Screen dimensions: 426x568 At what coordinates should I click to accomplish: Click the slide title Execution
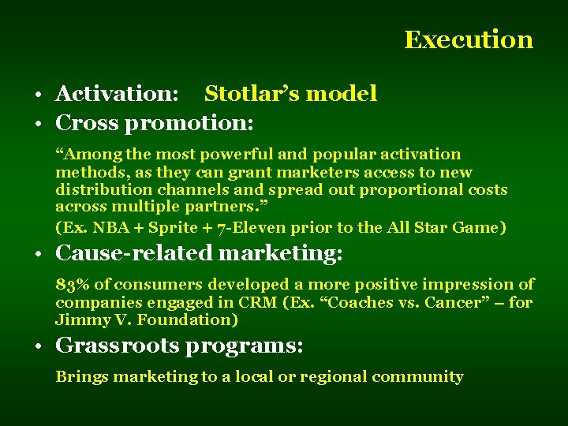469,39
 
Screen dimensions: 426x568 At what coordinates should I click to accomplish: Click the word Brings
81,376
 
